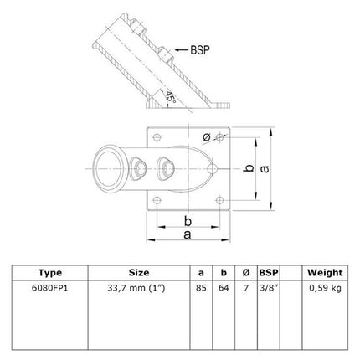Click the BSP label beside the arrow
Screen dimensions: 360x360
pos(200,50)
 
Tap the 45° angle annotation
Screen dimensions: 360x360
pos(171,97)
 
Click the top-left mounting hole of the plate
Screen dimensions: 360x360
pos(157,137)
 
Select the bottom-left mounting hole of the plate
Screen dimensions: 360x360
pos(157,200)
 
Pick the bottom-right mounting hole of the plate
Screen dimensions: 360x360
pos(220,200)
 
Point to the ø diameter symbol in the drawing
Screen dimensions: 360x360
pos(207,137)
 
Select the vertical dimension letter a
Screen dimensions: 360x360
pos(265,169)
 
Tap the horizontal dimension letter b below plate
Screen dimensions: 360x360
pos(188,221)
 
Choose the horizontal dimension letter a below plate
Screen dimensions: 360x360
pos(188,235)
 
